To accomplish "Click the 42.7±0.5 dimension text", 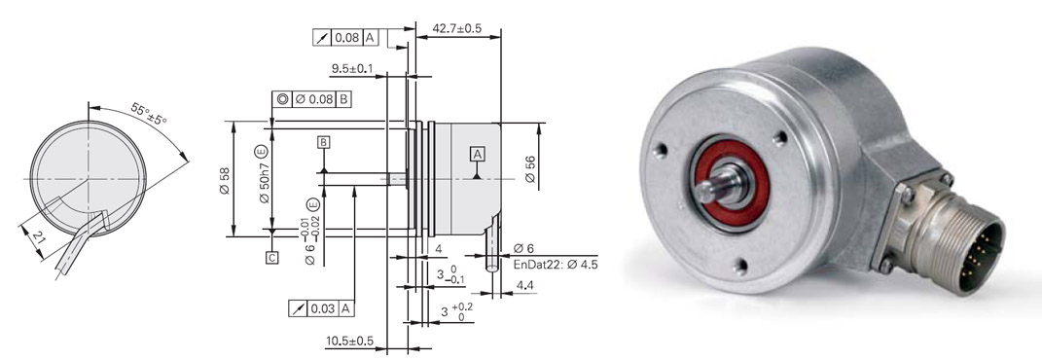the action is pos(456,28).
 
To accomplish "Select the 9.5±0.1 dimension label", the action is pos(352,68).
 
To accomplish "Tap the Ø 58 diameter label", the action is pos(225,181).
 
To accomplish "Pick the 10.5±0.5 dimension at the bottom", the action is pos(349,342).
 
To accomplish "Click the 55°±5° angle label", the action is pos(148,114).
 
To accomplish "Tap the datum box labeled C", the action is pos(271,258).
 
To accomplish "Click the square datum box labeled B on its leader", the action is pos(324,142).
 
